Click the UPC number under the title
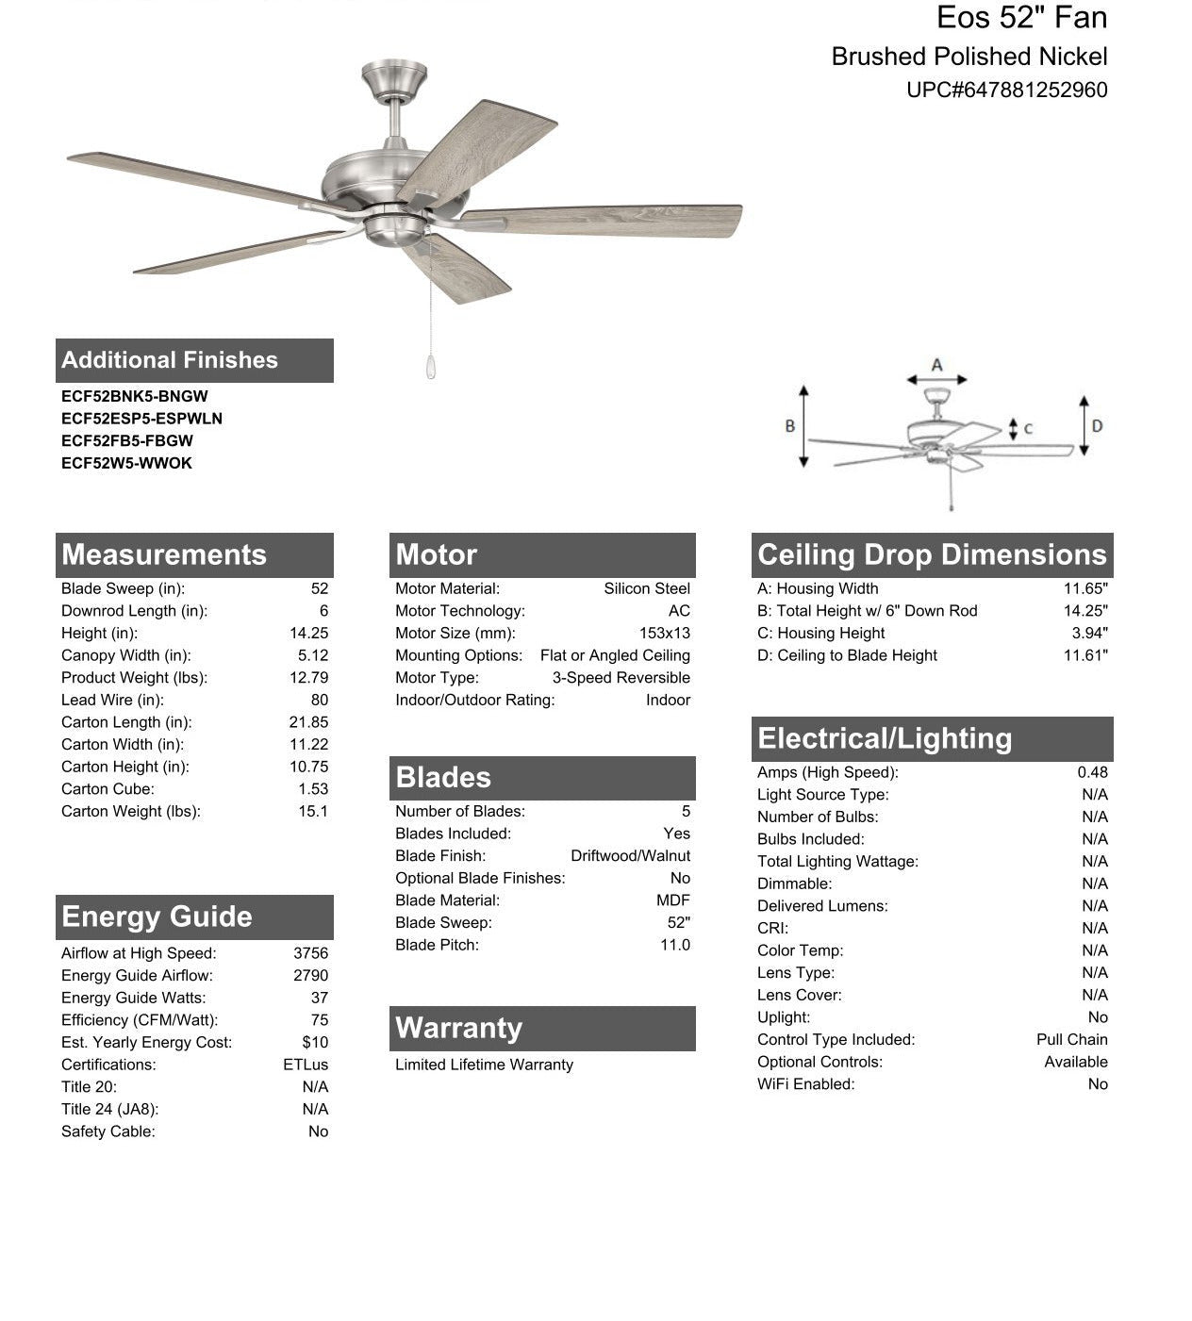point(1006,91)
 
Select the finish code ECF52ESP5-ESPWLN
point(141,419)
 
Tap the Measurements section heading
point(164,554)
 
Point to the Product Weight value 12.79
point(308,678)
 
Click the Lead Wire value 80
point(319,701)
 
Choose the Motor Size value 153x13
point(664,634)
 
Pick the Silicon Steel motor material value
point(646,589)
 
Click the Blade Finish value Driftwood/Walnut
point(630,856)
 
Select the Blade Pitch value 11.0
point(674,946)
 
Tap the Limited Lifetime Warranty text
point(484,1065)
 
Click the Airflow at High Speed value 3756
point(310,953)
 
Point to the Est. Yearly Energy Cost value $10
point(315,1043)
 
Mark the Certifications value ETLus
point(306,1065)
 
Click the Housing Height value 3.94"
point(1089,634)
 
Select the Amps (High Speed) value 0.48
point(1092,773)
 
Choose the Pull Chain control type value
point(1071,1040)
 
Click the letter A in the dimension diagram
point(936,365)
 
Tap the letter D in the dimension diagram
point(1097,426)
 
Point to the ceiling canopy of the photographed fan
point(394,79)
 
